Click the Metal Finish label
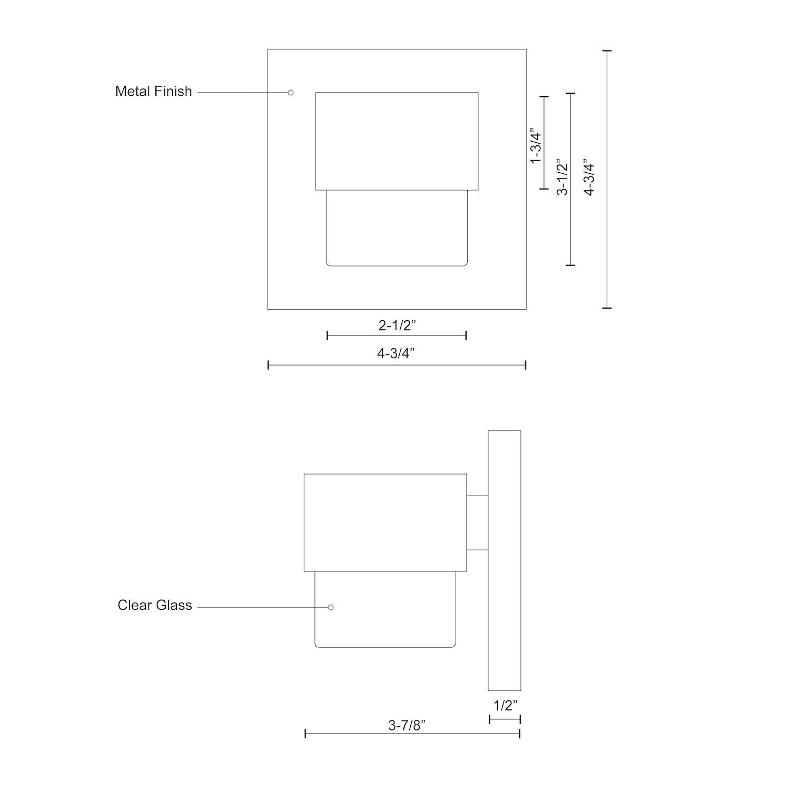click(153, 91)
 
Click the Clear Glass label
click(154, 605)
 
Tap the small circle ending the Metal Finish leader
click(290, 93)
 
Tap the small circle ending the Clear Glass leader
click(331, 607)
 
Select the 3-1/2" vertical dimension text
click(563, 177)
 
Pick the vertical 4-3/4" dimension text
click(589, 177)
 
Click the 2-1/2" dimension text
click(397, 325)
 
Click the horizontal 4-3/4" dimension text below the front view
click(396, 353)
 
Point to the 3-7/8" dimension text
click(407, 725)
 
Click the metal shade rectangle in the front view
click(397, 141)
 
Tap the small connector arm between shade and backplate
click(477, 522)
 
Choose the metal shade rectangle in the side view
click(385, 522)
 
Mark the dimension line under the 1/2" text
click(505, 719)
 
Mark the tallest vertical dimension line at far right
click(607, 179)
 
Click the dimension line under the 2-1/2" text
click(397, 335)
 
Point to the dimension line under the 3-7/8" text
click(412, 734)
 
